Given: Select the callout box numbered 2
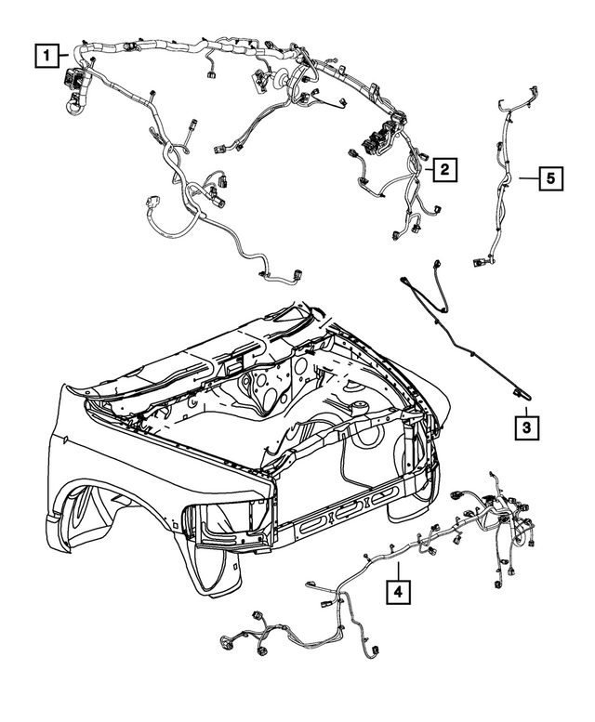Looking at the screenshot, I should click(446, 169).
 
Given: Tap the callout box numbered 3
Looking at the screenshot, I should click(525, 427).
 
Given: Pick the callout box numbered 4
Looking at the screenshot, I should click(397, 590).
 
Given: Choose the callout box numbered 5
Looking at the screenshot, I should click(551, 177).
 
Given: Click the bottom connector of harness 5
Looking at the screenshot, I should click(480, 265).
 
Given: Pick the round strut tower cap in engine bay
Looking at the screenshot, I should click(357, 409).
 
